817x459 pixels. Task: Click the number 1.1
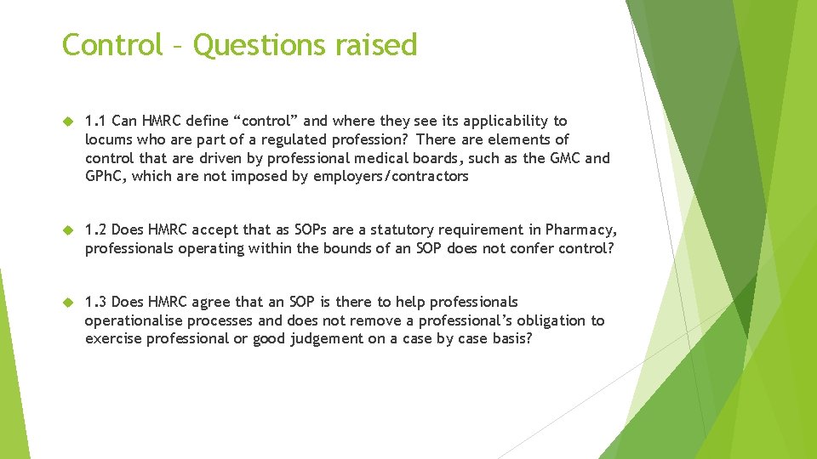[x=96, y=122]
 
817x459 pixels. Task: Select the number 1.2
[x=96, y=230]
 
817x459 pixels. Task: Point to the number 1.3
[x=96, y=303]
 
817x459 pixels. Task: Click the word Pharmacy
[x=581, y=230]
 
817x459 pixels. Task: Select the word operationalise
[x=131, y=320]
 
